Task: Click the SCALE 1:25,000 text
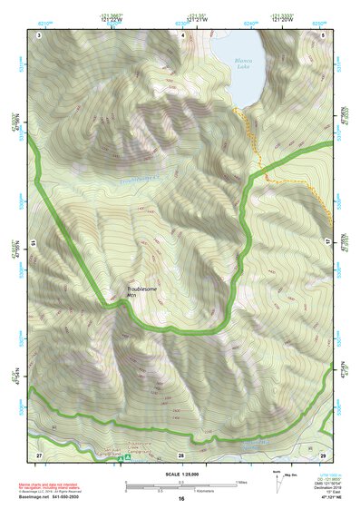[x=180, y=475]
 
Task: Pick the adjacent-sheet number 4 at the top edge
[x=182, y=34]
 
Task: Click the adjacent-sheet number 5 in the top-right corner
[x=323, y=34]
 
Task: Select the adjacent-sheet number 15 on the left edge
[x=32, y=244]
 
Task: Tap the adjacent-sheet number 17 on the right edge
[x=330, y=243]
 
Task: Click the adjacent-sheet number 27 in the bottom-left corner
[x=39, y=453]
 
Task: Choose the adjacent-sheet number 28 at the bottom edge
[x=180, y=454]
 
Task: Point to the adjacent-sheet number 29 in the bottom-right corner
[x=323, y=453]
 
